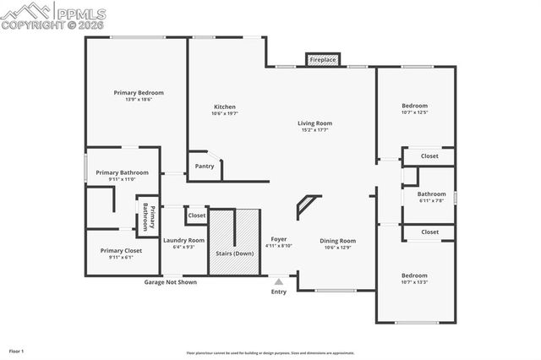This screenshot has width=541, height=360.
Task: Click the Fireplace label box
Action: coord(322,60)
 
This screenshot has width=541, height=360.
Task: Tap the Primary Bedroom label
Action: coord(139,92)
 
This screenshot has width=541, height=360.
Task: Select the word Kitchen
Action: coord(224,106)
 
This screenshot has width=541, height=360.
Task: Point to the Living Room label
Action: coord(314,123)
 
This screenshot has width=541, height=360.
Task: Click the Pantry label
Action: coord(205,166)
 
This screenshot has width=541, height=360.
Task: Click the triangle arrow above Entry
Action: coord(279,281)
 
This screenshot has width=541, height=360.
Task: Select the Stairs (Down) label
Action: coord(233,254)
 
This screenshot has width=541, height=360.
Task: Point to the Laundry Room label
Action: coord(183,240)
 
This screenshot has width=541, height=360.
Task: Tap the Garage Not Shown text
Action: coord(170,282)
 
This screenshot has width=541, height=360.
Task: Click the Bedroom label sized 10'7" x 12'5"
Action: coord(414,106)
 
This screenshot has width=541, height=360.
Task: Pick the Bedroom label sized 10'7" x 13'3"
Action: coord(414,275)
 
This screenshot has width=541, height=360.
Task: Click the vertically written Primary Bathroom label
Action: coord(145,217)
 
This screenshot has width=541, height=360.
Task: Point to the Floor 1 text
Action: coord(16,350)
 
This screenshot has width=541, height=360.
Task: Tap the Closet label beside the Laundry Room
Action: coord(196,215)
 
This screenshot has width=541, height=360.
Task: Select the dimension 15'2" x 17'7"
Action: coord(314,130)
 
